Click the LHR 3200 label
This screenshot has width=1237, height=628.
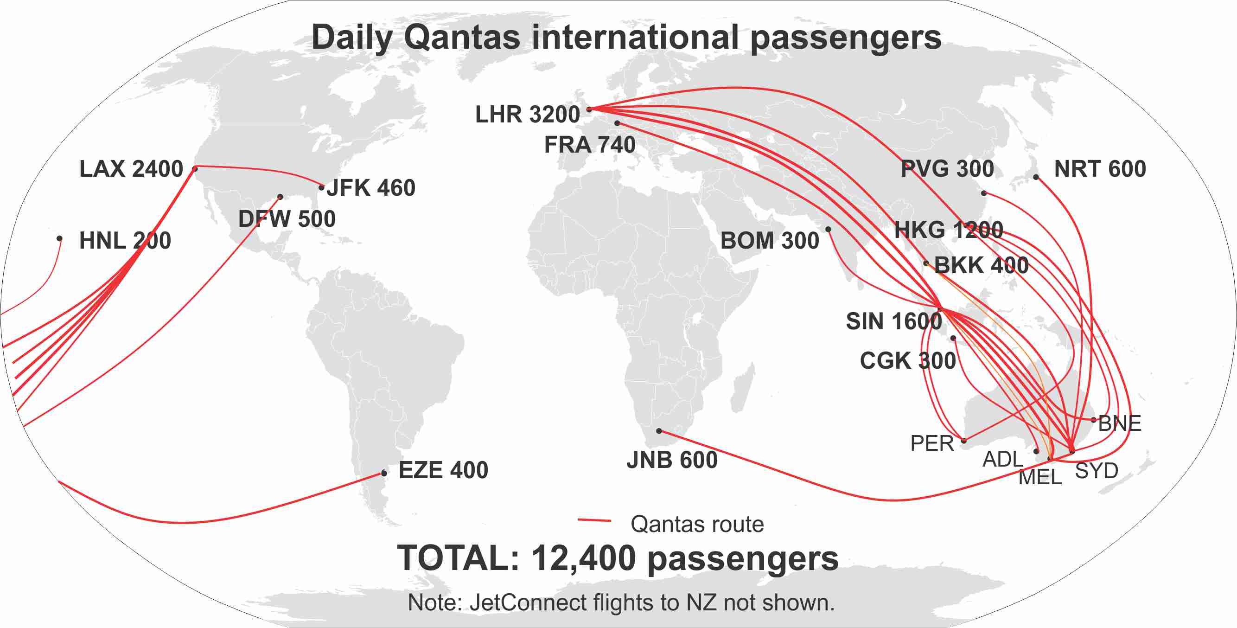click(527, 115)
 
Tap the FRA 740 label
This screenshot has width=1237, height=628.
click(590, 145)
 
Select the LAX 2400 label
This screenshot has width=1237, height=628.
click(131, 169)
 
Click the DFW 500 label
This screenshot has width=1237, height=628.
click(287, 219)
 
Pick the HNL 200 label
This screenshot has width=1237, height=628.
click(125, 241)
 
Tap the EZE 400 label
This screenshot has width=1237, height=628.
click(443, 470)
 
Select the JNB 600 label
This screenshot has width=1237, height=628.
click(672, 460)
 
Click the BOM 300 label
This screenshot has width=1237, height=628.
click(770, 241)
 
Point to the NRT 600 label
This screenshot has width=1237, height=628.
click(1100, 169)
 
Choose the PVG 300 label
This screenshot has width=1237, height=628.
click(947, 169)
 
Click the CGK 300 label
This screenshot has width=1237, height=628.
click(908, 361)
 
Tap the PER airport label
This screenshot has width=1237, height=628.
click(932, 443)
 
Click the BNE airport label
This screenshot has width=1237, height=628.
click(1120, 423)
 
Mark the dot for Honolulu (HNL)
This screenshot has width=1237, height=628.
click(59, 238)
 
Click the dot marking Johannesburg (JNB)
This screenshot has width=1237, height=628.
click(659, 431)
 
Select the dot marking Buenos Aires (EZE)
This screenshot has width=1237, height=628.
click(384, 473)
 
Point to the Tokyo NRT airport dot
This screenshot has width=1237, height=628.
click(1036, 177)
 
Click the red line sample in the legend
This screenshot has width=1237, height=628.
click(594, 520)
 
